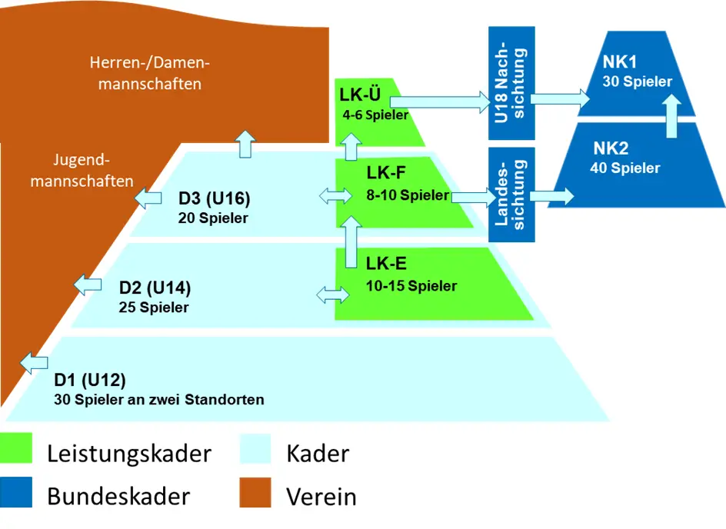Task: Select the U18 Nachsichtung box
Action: point(511,82)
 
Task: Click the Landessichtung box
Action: point(511,194)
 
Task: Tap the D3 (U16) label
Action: point(215,199)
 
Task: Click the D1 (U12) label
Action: point(90,380)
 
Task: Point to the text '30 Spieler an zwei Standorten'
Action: point(159,400)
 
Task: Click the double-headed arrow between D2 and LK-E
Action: point(333,294)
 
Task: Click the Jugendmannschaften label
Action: point(82,171)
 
